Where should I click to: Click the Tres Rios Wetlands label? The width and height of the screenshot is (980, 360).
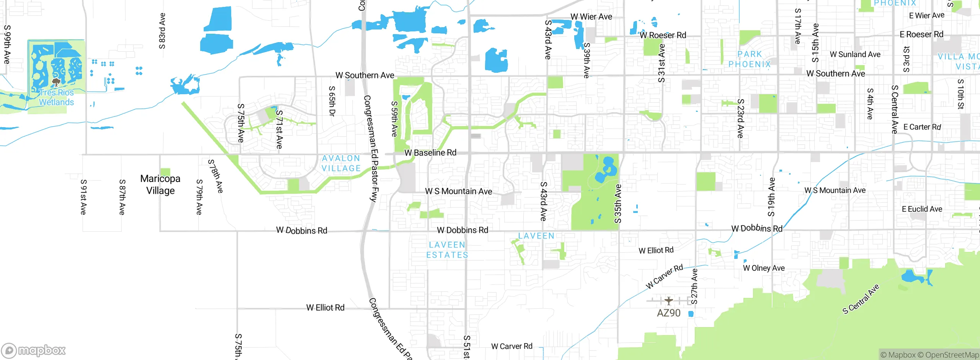(x=56, y=98)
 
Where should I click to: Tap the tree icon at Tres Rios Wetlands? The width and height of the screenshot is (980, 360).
(x=56, y=82)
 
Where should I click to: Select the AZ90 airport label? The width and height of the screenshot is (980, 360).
(x=668, y=313)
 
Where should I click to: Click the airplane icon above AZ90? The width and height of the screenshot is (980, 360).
(x=668, y=301)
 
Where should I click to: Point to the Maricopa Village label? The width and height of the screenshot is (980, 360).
(x=160, y=185)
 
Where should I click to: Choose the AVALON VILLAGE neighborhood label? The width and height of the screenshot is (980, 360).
(x=341, y=164)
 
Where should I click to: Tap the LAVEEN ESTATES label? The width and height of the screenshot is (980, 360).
(x=447, y=250)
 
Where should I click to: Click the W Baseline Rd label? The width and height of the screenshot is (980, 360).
(x=430, y=153)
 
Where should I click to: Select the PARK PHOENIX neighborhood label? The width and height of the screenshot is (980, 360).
(x=749, y=59)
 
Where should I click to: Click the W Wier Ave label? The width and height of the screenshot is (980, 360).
(x=591, y=17)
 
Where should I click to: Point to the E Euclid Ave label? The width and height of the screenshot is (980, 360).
(x=922, y=209)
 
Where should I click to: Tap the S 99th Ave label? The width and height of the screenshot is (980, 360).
(x=7, y=44)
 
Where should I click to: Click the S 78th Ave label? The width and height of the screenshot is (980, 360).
(x=216, y=176)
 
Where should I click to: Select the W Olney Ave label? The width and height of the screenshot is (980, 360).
(x=764, y=268)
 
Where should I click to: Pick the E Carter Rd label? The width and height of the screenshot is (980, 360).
(x=922, y=127)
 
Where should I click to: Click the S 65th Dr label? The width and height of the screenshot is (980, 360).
(x=332, y=101)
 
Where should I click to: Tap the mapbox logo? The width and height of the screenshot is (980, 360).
(x=34, y=350)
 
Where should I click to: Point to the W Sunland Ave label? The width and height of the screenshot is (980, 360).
(x=855, y=55)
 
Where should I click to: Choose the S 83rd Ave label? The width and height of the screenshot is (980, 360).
(x=162, y=31)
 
